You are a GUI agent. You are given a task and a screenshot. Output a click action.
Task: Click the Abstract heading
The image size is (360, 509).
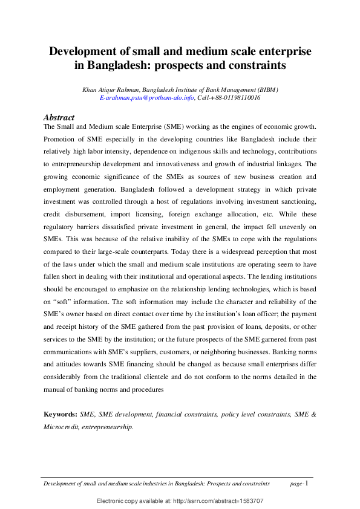59,117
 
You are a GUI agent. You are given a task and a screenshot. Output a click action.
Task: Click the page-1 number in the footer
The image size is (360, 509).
299,484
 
